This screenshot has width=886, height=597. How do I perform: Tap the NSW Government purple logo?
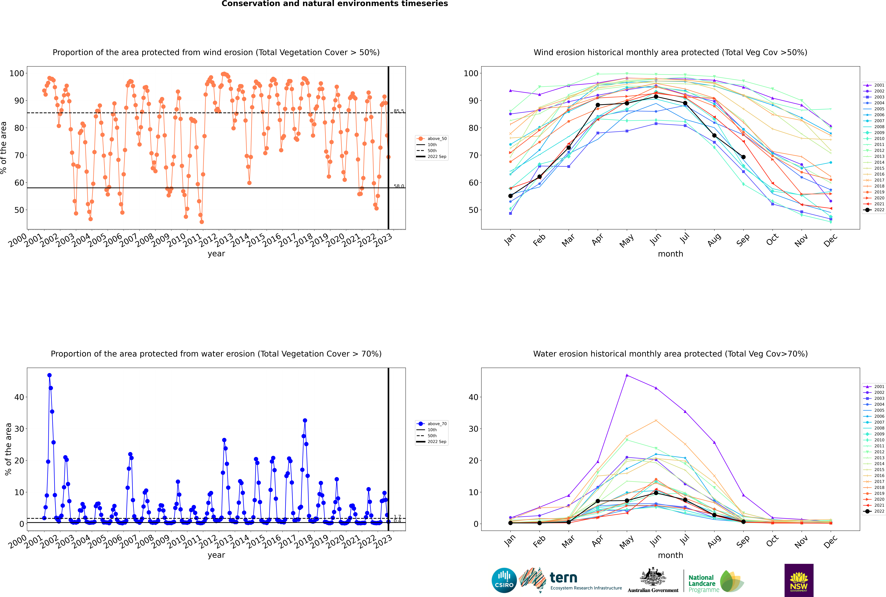(799, 580)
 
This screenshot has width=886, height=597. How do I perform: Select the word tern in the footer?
(563, 578)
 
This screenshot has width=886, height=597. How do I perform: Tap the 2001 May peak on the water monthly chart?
(627, 375)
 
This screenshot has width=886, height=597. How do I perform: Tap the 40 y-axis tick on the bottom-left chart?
(19, 397)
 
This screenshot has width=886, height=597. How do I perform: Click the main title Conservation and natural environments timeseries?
(334, 4)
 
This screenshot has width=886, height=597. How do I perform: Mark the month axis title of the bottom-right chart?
(670, 555)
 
